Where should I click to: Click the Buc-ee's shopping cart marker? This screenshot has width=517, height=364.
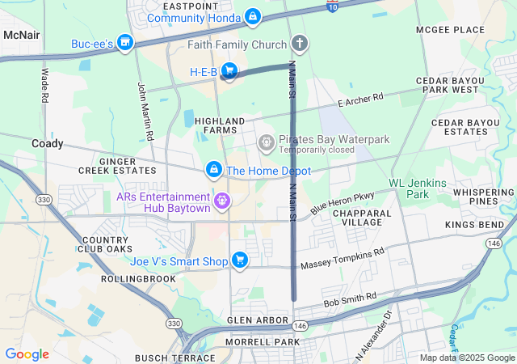[x=124, y=41]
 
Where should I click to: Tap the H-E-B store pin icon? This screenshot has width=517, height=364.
[x=229, y=72]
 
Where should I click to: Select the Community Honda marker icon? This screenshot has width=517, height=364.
[x=253, y=16]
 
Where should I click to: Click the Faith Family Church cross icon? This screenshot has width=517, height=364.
[x=300, y=44]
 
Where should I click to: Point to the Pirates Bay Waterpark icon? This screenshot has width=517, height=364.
[x=266, y=143]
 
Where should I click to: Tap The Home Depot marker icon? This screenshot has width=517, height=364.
[x=214, y=170]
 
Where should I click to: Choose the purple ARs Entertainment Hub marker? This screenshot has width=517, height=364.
[x=222, y=199]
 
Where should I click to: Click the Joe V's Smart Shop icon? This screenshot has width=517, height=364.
[x=240, y=260]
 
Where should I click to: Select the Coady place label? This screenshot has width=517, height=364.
[x=48, y=143]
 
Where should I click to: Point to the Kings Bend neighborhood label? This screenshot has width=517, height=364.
[x=474, y=224]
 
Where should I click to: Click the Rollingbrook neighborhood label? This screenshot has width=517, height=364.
[x=138, y=278]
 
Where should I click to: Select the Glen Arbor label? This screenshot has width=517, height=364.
[x=258, y=320]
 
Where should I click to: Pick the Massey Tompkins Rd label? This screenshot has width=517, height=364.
[x=343, y=260]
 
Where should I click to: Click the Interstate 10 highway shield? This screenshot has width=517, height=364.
[x=332, y=6]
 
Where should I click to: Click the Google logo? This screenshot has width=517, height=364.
[x=27, y=354]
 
